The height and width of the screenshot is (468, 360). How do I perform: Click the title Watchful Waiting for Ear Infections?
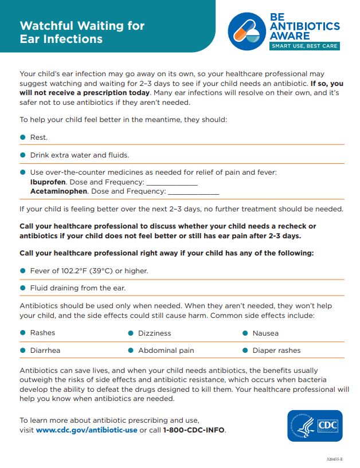[x=82, y=32]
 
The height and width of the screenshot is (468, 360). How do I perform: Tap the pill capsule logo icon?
[x=248, y=32]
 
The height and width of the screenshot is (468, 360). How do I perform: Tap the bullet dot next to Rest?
[x=23, y=137]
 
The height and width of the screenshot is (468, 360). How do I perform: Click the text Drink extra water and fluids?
[x=80, y=155]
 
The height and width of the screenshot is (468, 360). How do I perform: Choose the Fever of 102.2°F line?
[x=89, y=271]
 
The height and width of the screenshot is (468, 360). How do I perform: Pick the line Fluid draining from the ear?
[x=77, y=288]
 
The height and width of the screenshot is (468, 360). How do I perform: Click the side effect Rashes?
[x=42, y=333]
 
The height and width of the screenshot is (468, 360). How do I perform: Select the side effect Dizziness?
[x=154, y=333]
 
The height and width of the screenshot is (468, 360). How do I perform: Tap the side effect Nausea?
[x=265, y=333]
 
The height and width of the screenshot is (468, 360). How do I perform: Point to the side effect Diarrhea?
[x=45, y=351]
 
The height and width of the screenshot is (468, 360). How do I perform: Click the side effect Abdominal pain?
[x=166, y=351]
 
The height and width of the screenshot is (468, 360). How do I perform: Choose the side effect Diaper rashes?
[x=276, y=351]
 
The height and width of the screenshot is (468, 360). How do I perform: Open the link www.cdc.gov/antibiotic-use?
[x=87, y=430]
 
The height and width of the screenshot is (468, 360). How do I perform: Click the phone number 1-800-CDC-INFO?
[x=194, y=430]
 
